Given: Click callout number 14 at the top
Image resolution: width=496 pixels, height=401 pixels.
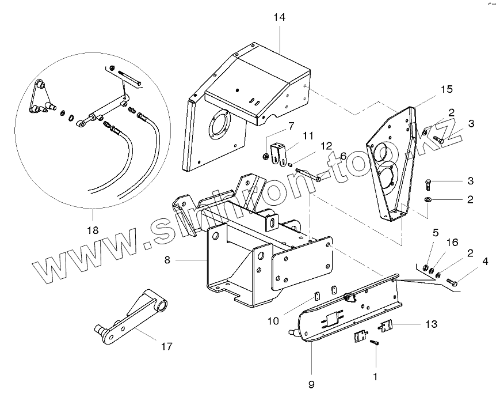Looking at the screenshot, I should [279, 18].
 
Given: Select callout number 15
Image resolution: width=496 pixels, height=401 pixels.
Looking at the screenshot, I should [447, 89].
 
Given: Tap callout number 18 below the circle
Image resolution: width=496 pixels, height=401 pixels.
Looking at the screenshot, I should [91, 230].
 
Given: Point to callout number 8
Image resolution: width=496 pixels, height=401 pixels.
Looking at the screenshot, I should [167, 260].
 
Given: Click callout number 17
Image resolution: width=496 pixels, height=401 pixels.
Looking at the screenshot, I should [166, 346].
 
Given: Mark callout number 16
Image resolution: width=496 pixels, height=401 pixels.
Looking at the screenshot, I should [452, 242].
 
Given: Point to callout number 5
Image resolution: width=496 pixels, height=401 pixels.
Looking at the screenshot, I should [436, 233].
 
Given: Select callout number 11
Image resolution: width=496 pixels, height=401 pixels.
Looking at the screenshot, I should [308, 136].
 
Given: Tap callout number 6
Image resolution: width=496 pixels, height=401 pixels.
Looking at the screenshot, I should [343, 155].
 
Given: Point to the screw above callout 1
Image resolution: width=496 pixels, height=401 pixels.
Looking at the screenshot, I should [375, 342].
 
